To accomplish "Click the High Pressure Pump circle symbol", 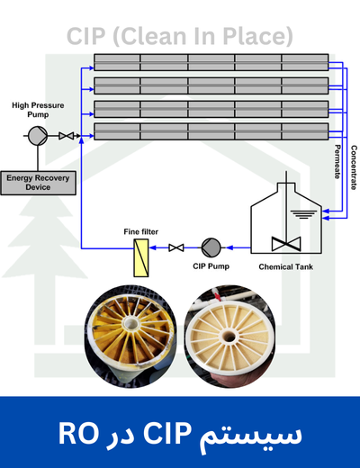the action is [x=38, y=136].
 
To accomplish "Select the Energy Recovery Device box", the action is [x=38, y=183].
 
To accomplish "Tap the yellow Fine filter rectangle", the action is [x=141, y=257].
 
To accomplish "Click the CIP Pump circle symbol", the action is [x=211, y=247].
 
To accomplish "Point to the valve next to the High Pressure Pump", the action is [x=66, y=136].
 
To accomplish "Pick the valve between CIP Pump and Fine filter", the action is [x=176, y=247].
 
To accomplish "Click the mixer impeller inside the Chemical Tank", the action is [x=286, y=244].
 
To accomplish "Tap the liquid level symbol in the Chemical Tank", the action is [x=303, y=214].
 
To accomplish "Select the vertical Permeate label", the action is [x=337, y=162].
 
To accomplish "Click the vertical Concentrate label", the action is [x=354, y=167].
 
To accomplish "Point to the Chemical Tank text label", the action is [x=285, y=266].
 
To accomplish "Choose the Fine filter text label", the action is [x=140, y=231].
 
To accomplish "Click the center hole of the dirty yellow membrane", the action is [x=130, y=323].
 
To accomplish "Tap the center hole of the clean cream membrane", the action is [x=229, y=336].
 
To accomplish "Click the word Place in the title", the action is [x=254, y=36].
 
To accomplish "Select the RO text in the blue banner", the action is [x=78, y=433].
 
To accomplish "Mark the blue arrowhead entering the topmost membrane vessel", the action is [x=90, y=68].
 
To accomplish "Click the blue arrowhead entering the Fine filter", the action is [x=153, y=247].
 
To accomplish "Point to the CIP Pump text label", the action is [x=211, y=266].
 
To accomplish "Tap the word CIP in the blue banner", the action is [x=167, y=433].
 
